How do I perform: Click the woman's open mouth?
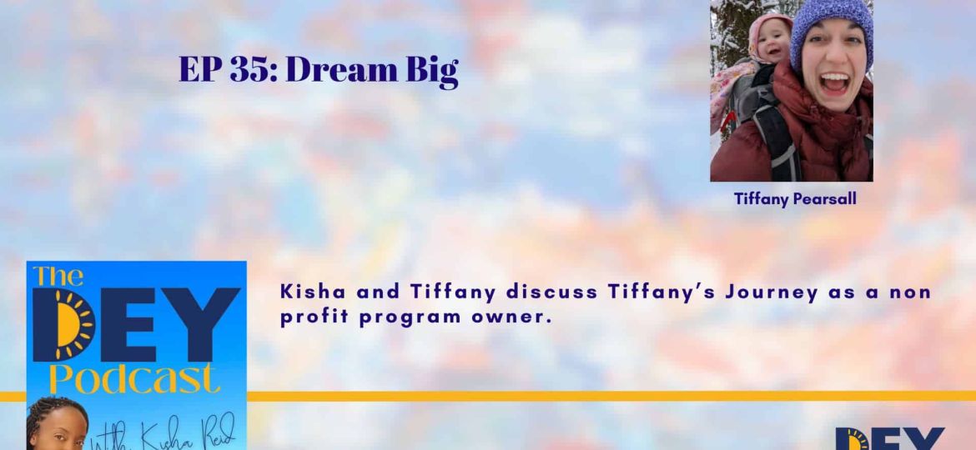[834, 82]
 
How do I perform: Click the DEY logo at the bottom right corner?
[888, 438]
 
